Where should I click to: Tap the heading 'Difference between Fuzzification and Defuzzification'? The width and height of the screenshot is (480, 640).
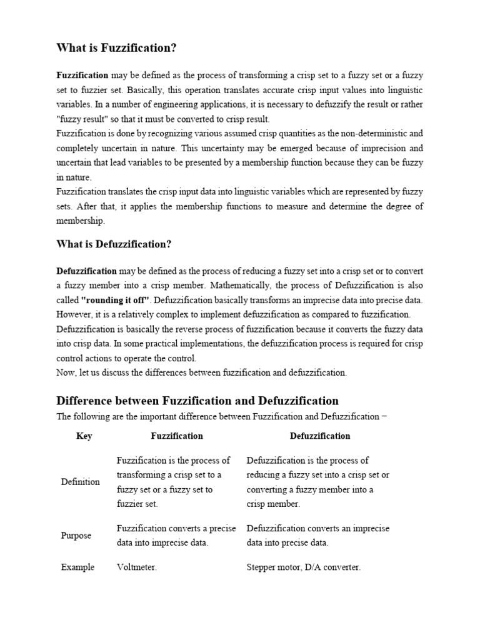coord(197,401)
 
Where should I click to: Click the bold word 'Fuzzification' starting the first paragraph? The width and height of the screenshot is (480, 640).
coord(82,76)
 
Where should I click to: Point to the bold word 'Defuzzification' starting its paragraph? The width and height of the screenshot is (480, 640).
coord(87,271)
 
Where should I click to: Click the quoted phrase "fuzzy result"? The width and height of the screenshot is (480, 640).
coord(81,119)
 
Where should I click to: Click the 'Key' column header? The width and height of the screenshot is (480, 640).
coord(84,436)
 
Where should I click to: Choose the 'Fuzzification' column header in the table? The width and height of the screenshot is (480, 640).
coord(177,436)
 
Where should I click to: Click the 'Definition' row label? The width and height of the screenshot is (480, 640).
coord(80,482)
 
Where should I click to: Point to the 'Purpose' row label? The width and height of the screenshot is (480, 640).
coord(76,536)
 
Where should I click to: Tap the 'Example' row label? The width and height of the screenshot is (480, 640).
coord(77,567)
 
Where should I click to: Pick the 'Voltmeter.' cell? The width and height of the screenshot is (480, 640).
coord(137,567)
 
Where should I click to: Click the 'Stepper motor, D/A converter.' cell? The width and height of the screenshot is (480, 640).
coord(304,567)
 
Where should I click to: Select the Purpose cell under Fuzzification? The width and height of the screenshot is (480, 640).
coord(176,536)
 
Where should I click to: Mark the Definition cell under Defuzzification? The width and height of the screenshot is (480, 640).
coord(318,482)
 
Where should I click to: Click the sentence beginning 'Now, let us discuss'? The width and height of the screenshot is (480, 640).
coord(201,372)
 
